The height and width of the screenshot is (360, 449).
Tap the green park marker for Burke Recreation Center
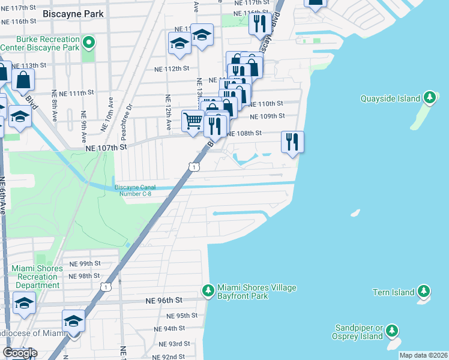(89, 42)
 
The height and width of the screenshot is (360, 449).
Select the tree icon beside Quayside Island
(429, 97)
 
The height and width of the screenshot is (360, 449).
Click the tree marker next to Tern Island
(424, 292)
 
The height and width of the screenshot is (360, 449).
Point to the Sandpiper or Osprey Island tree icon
(392, 331)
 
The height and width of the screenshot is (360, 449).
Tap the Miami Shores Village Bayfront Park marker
(208, 290)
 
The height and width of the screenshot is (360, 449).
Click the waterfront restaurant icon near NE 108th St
(292, 142)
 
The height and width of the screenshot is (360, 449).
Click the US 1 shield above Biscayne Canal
(194, 166)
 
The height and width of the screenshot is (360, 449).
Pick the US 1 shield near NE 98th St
(106, 287)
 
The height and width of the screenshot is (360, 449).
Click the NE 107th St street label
(107, 146)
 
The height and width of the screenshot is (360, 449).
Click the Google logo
(20, 353)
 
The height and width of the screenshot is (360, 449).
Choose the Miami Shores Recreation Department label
(37, 277)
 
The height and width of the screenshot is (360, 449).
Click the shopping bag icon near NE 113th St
(23, 80)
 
